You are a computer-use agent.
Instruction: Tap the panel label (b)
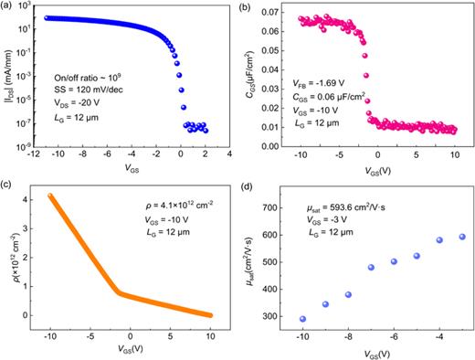(247, 7)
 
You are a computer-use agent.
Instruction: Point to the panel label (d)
(247, 189)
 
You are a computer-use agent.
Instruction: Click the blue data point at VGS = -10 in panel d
(302, 319)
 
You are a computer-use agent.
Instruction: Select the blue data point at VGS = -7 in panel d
(371, 268)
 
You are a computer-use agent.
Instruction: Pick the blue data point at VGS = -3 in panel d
(461, 237)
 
